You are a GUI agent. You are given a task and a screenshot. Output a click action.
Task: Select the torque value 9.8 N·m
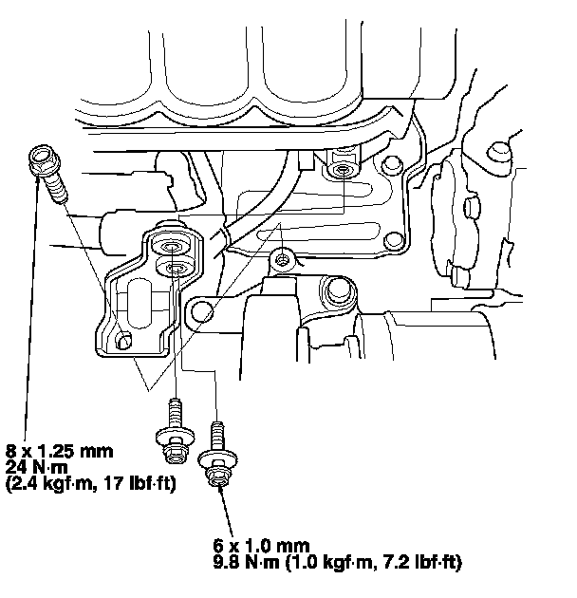(249, 563)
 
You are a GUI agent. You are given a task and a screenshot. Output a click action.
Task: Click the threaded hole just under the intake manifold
(339, 170)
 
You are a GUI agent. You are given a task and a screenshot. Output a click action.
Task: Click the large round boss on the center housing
(333, 293)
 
